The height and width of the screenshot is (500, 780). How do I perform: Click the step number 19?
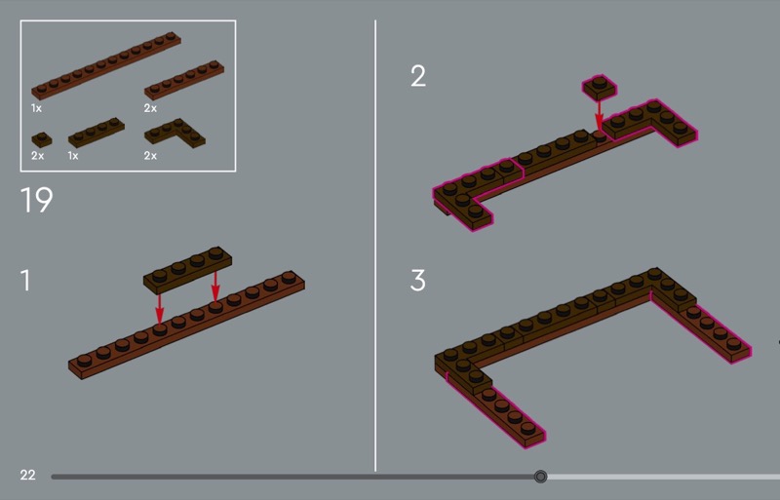click(36, 200)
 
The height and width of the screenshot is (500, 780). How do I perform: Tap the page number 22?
click(28, 475)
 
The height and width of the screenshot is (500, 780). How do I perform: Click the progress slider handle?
click(540, 477)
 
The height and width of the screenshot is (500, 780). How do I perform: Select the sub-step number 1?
click(26, 280)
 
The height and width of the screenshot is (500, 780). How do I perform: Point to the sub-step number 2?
click(418, 76)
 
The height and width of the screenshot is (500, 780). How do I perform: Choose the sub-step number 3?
click(418, 280)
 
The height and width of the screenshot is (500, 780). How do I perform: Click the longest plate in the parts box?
click(106, 65)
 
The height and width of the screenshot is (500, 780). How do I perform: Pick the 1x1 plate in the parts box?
click(42, 139)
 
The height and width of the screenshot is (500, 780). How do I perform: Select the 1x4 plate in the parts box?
click(96, 133)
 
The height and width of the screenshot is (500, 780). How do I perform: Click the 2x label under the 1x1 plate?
click(37, 156)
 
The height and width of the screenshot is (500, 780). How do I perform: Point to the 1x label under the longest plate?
click(36, 108)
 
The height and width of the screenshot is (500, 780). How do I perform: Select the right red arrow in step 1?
click(215, 287)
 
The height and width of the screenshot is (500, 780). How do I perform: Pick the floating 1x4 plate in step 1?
click(187, 270)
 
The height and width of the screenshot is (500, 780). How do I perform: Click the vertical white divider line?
click(375, 246)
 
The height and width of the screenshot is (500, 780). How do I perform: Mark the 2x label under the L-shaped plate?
click(150, 156)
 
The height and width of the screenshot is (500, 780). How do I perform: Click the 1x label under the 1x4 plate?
click(73, 156)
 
